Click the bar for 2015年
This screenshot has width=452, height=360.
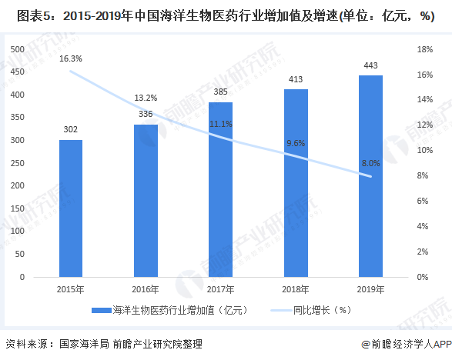70,208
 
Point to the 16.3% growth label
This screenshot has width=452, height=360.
70,58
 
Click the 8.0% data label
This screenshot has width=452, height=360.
370,163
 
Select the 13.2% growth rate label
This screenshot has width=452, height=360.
146,98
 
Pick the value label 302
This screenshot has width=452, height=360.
70,129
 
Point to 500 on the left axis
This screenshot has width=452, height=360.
18,49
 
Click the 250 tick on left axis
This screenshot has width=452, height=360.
18,163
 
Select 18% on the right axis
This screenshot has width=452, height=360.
425,49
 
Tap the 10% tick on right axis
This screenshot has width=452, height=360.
425,151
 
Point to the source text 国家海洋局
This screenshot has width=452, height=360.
82,345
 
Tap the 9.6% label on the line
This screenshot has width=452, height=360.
296,143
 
